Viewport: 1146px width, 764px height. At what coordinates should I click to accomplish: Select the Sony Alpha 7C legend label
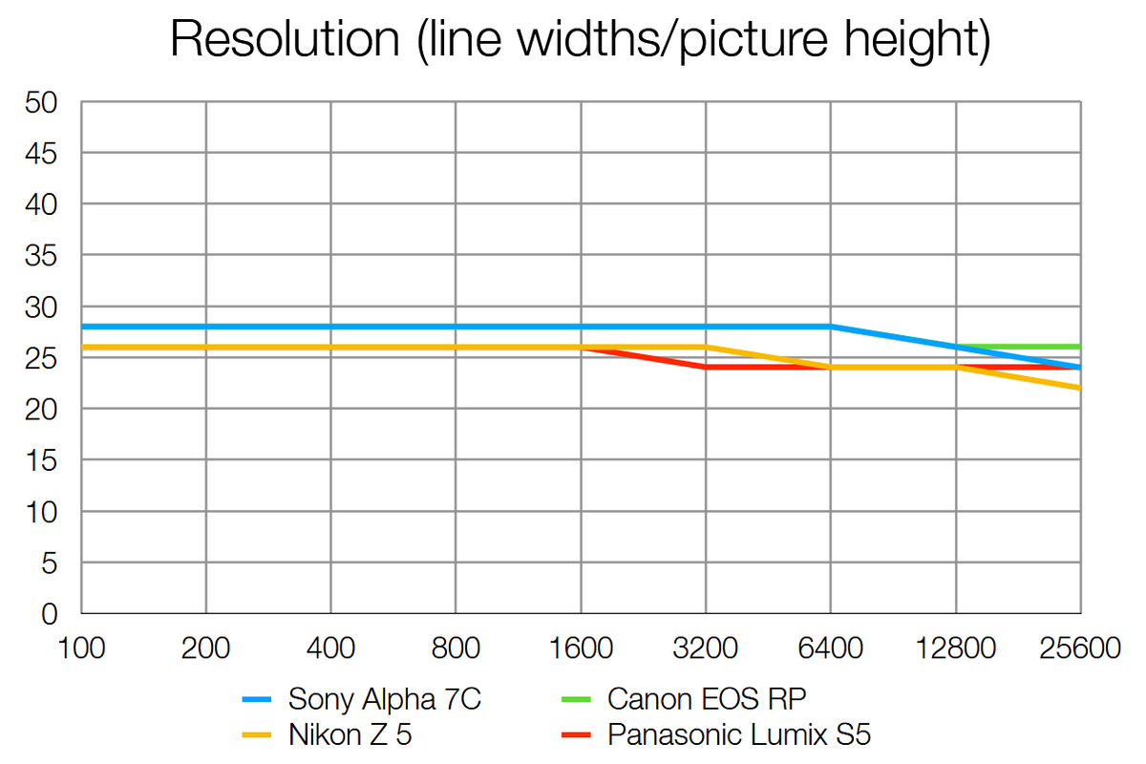click(385, 700)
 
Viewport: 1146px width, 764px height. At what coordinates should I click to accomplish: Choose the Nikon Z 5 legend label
click(350, 734)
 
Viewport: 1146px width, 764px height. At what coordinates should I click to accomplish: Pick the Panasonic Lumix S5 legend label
click(739, 734)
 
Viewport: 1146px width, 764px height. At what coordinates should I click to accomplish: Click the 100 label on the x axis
click(81, 648)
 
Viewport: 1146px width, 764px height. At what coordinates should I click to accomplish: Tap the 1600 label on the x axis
click(581, 648)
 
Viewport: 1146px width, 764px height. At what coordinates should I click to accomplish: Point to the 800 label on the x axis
click(456, 648)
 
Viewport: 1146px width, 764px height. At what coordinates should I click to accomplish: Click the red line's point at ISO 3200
click(706, 368)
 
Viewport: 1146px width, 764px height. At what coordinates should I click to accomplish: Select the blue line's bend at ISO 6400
click(831, 327)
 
